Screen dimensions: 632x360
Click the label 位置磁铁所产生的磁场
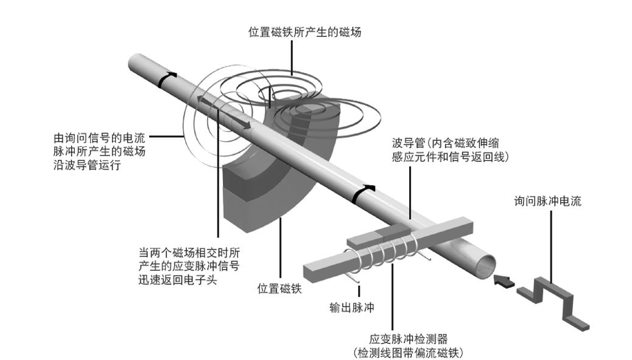[x=304, y=32]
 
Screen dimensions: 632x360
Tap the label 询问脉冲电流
[x=548, y=201]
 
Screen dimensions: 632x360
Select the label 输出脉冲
[x=351, y=308]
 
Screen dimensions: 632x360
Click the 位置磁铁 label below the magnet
[x=279, y=289]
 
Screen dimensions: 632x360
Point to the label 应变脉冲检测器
[x=409, y=339]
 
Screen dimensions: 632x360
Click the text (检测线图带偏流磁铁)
[x=409, y=353]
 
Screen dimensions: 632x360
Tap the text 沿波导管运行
[x=87, y=165]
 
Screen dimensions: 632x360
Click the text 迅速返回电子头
[x=178, y=280]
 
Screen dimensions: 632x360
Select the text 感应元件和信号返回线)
[x=450, y=157]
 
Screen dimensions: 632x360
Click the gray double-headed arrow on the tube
[x=224, y=113]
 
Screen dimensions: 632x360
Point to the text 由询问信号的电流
[x=99, y=138]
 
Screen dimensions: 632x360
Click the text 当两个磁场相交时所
[x=189, y=253]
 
